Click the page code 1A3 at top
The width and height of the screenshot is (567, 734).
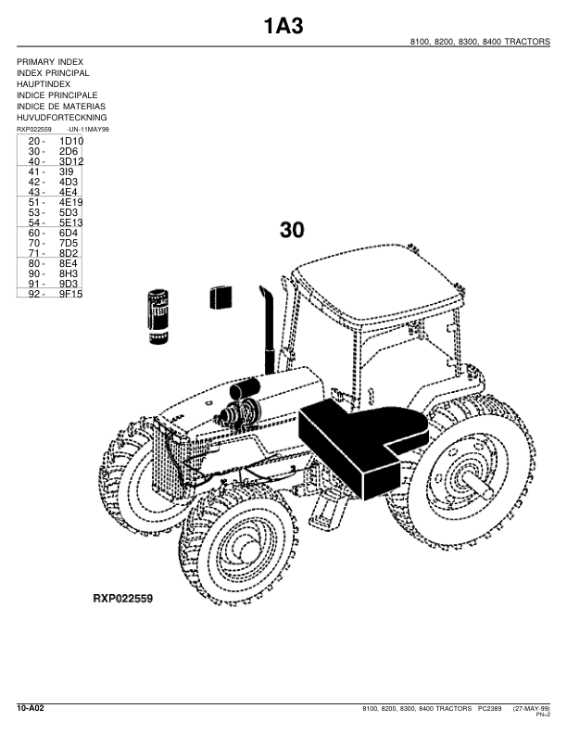click(283, 25)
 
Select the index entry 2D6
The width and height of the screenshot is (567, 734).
click(69, 151)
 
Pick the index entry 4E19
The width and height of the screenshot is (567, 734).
click(71, 202)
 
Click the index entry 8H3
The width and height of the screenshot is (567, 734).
click(69, 273)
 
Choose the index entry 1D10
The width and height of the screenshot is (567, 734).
click(71, 141)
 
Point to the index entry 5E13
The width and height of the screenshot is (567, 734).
click(71, 222)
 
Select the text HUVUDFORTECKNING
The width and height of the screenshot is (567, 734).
click(62, 118)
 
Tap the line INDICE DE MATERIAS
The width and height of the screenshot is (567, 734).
click(61, 107)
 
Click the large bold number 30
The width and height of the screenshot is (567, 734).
click(291, 231)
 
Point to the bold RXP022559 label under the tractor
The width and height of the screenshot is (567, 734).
click(123, 599)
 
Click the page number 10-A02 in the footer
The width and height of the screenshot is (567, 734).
click(31, 707)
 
